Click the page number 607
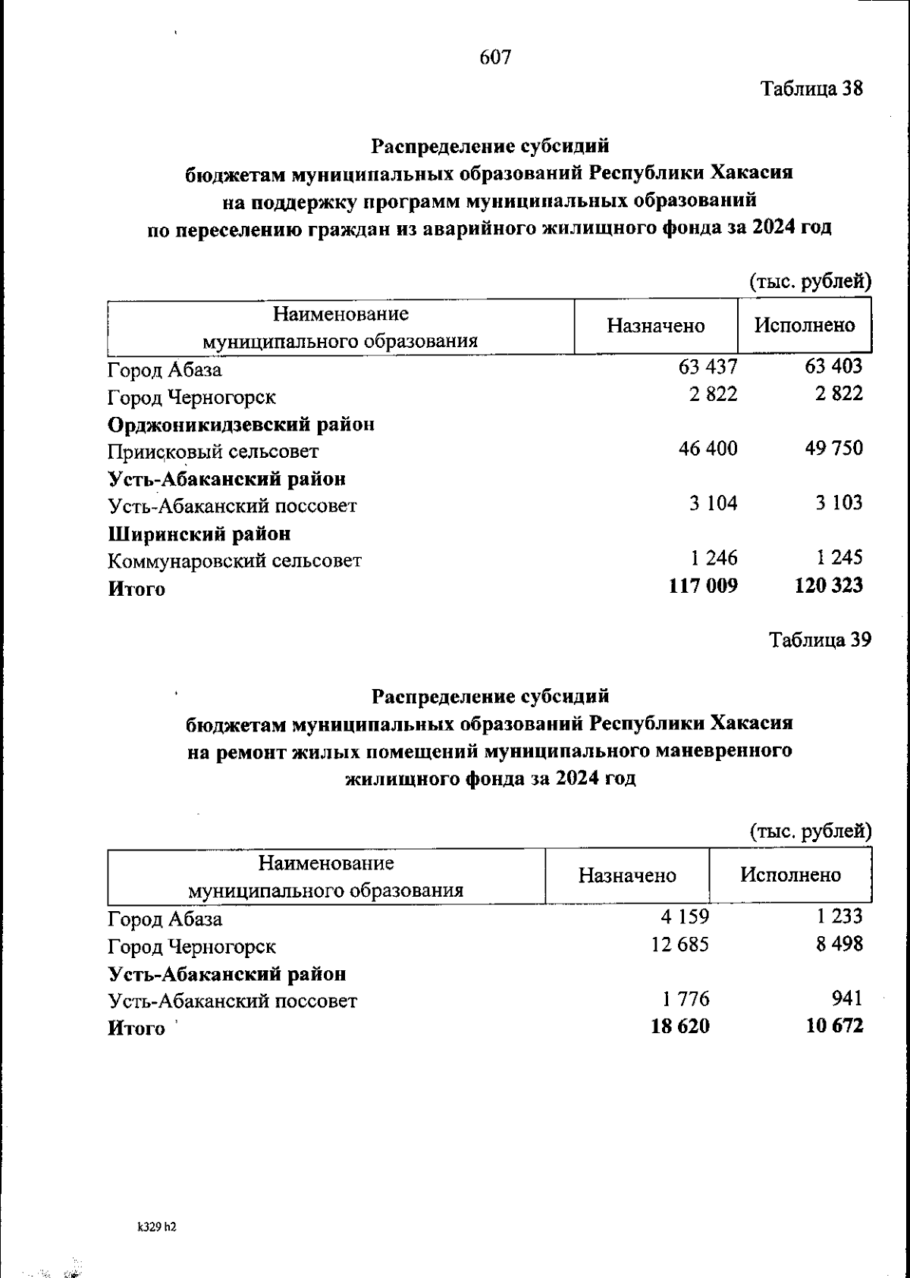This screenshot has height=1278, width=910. (x=496, y=58)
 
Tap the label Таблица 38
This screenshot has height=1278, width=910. (x=812, y=89)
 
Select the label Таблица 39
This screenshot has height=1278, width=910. (x=821, y=640)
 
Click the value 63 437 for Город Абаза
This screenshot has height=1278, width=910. (x=708, y=368)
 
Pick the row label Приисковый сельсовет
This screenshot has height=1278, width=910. (x=212, y=452)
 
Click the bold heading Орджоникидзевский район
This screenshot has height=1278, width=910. (x=241, y=424)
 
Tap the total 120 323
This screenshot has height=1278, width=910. (x=829, y=586)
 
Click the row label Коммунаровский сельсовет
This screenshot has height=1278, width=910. (x=234, y=561)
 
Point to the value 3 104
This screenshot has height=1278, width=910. (x=713, y=503)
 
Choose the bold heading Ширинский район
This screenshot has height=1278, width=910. (x=199, y=534)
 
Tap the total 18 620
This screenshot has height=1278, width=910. (x=680, y=1026)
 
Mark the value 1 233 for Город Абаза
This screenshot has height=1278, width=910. (x=839, y=917)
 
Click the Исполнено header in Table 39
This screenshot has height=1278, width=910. (x=790, y=875)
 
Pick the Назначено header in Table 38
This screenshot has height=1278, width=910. (x=655, y=326)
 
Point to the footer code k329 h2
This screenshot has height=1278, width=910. (x=157, y=1226)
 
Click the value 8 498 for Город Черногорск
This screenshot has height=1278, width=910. (x=839, y=944)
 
